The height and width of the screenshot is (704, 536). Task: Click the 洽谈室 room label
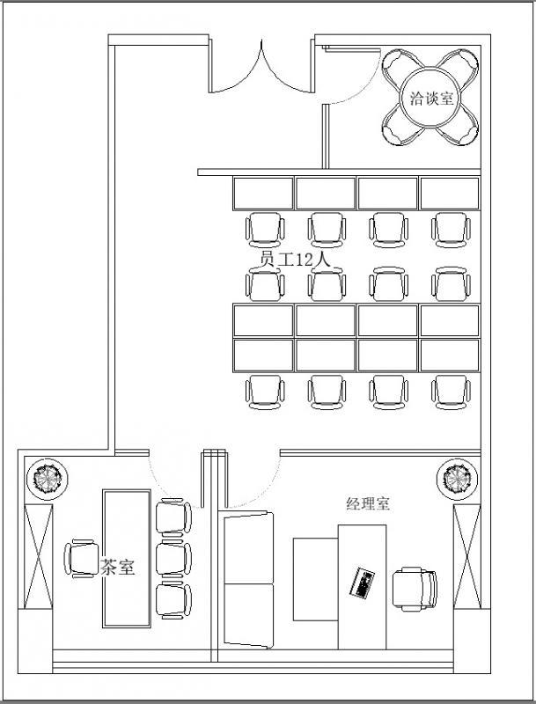431,98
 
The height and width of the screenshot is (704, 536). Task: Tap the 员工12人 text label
294,260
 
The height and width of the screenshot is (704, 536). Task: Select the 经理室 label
368,504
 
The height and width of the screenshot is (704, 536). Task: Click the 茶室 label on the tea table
118,568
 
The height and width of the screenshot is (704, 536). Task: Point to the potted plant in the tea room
45,479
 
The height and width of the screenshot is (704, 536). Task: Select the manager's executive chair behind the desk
413,588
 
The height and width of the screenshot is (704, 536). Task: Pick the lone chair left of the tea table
80,559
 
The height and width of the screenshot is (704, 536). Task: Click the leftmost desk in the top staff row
262,193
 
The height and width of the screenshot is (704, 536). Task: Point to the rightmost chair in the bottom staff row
450,392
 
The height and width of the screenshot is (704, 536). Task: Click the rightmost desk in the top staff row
450,193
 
